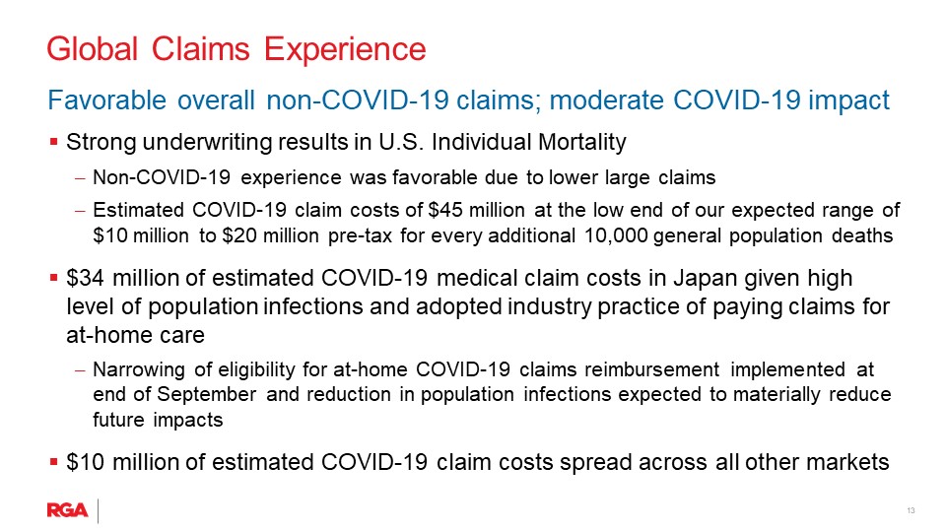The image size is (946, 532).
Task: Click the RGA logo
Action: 68,510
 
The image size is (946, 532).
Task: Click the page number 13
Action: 911,511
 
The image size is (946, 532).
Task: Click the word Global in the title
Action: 93,49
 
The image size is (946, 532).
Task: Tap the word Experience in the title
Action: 345,50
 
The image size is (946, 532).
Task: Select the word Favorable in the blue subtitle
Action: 106,100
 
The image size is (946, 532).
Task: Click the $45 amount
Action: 445,210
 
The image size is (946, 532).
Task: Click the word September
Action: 206,394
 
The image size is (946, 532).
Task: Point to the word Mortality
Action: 581,142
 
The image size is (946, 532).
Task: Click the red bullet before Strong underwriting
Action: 53,142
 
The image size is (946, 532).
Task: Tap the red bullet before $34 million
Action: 53,278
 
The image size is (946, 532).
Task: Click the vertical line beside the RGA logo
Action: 98,511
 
